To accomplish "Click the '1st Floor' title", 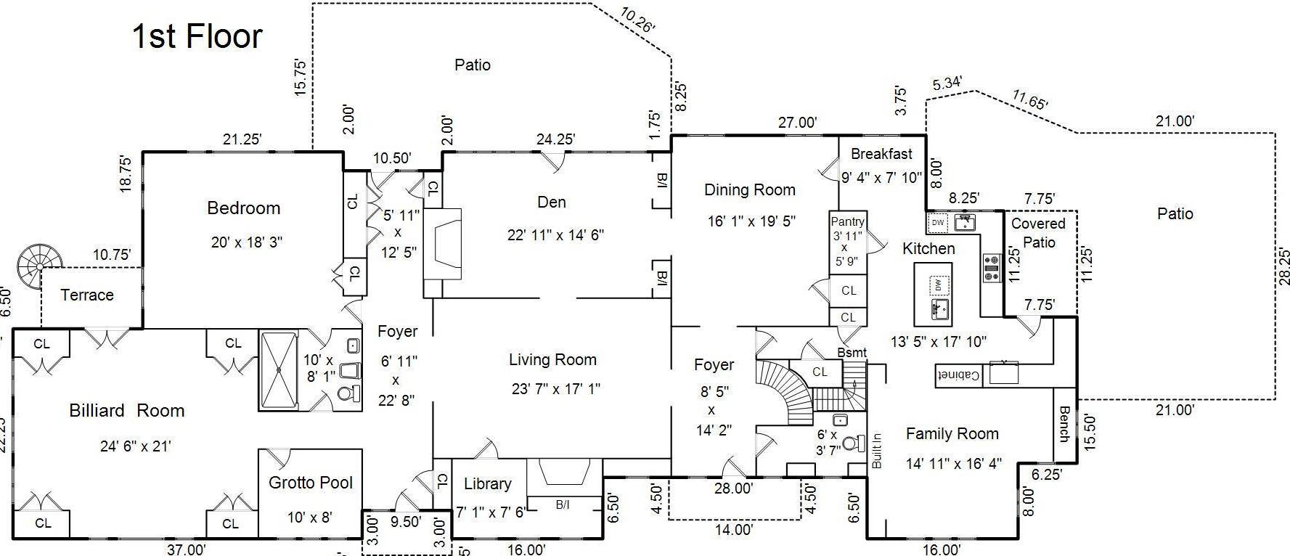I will [x=197, y=36].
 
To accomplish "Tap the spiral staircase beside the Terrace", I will [x=40, y=262].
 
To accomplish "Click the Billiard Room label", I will [x=127, y=411].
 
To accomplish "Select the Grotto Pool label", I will [x=311, y=483].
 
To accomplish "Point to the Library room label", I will [x=488, y=484].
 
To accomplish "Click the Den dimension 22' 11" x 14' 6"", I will [x=555, y=235].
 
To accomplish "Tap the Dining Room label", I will [x=750, y=190].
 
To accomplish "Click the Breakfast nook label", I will [x=881, y=154].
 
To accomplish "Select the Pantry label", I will [x=847, y=221].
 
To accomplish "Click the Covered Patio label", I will [x=1038, y=233].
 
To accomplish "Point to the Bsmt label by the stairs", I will [x=852, y=353].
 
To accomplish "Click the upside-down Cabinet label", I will [x=959, y=375].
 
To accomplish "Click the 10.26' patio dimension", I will [x=638, y=20].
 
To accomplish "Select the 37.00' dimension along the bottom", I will [x=187, y=549].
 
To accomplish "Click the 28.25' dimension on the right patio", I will [x=1283, y=266].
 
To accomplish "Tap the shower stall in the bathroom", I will [x=279, y=370].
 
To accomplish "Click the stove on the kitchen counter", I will [x=991, y=268].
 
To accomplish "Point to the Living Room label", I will [x=552, y=360].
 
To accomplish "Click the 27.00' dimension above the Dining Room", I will [x=797, y=123].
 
